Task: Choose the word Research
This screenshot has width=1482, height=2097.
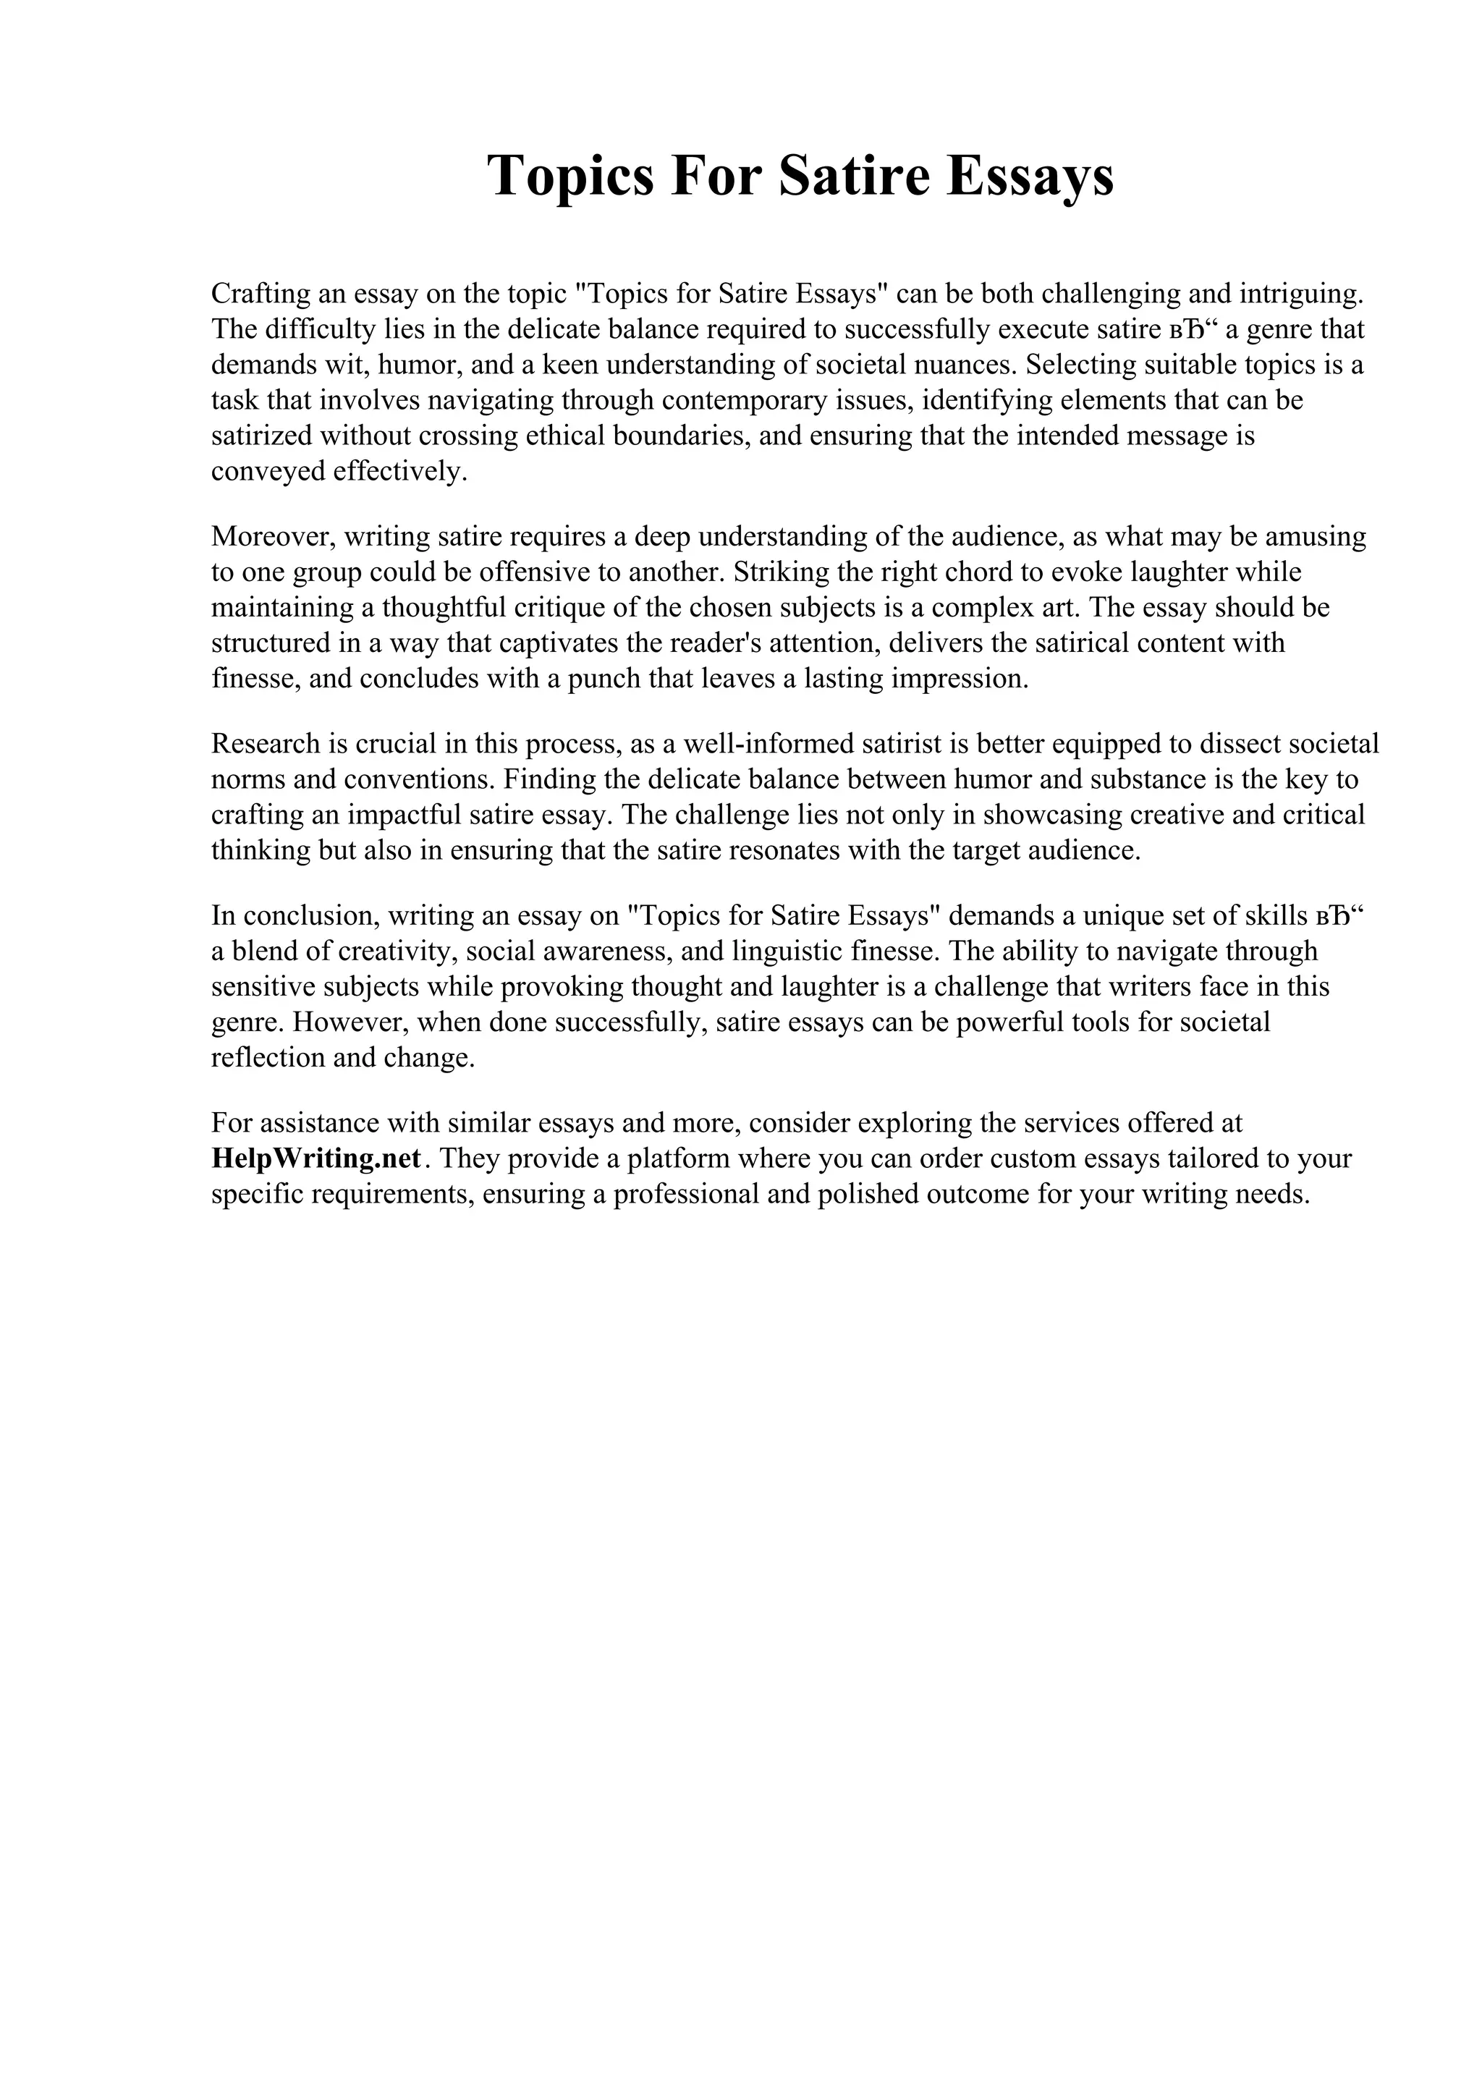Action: coord(266,743)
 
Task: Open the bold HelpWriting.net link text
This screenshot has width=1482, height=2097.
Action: coord(316,1158)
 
